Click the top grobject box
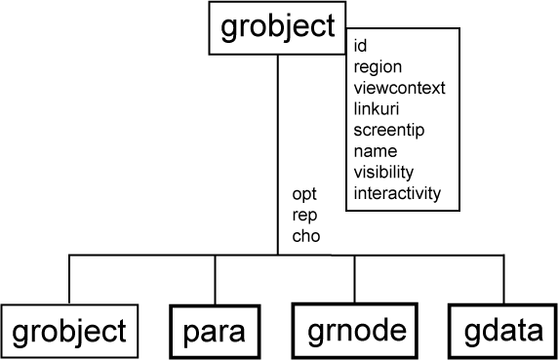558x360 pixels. coord(277,28)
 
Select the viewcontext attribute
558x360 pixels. coord(399,88)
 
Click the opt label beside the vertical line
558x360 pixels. coord(304,194)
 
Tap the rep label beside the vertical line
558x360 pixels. coord(304,215)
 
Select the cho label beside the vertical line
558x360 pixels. coord(305,235)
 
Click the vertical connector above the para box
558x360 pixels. coord(213,280)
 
